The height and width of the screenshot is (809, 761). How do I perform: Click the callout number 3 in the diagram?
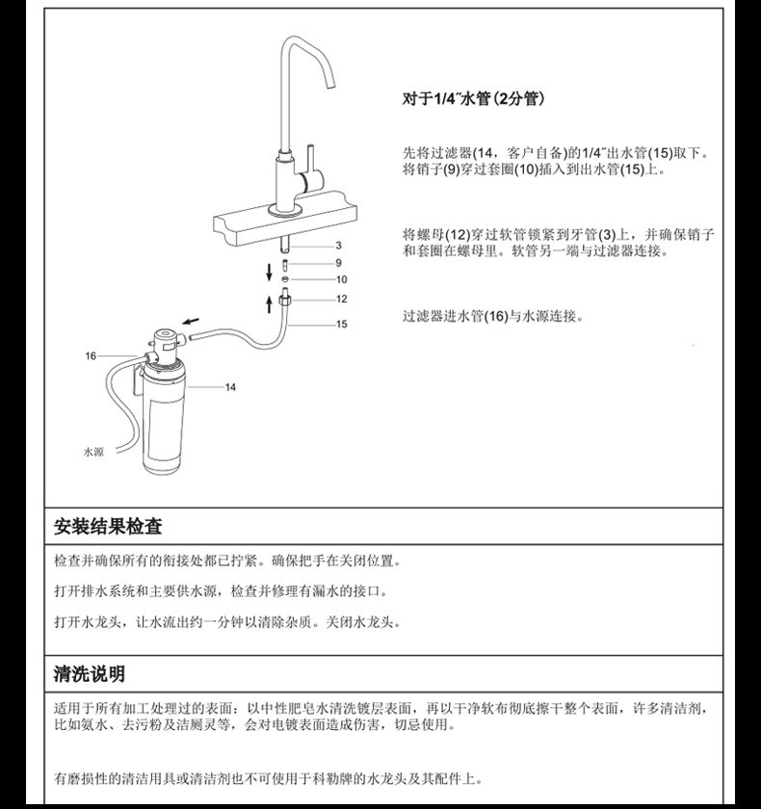pos(338,246)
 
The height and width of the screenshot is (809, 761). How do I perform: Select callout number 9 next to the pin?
pos(338,262)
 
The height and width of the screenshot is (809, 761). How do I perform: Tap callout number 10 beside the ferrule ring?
pos(341,279)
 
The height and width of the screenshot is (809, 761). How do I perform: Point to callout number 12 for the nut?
pos(341,299)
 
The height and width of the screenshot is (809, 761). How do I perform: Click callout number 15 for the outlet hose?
pos(341,325)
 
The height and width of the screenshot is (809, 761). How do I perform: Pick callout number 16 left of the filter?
pos(91,355)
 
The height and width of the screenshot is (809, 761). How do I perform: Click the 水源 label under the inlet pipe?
pos(95,450)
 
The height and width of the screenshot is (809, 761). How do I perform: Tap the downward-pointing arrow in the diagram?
pos(270,274)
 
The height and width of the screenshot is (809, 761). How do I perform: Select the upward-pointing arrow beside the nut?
pos(270,304)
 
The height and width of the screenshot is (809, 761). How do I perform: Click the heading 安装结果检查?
pos(108,527)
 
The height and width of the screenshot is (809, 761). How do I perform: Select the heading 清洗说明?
pos(89,674)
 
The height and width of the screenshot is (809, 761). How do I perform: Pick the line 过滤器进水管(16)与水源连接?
pos(492,316)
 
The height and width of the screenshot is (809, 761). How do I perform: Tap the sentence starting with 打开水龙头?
pos(226,622)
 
